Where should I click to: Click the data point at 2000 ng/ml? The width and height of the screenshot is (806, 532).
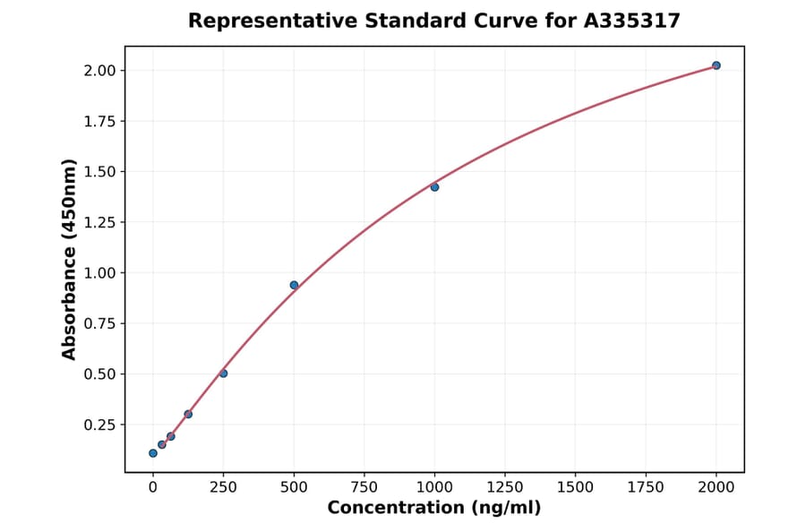pyautogui.click(x=716, y=65)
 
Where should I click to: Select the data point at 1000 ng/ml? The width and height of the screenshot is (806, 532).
pyautogui.click(x=434, y=187)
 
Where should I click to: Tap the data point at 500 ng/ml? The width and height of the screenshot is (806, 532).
pyautogui.click(x=294, y=285)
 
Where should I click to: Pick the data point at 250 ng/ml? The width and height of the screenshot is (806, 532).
pyautogui.click(x=223, y=373)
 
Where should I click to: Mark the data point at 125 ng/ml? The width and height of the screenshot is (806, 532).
pyautogui.click(x=188, y=414)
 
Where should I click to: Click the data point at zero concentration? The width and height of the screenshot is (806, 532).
pyautogui.click(x=153, y=453)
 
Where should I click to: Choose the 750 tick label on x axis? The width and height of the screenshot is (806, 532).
pyautogui.click(x=364, y=487)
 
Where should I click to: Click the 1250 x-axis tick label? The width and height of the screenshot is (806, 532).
pyautogui.click(x=505, y=487)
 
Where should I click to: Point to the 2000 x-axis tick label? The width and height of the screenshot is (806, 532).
pyautogui.click(x=716, y=487)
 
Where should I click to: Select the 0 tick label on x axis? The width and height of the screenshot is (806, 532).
pyautogui.click(x=153, y=487)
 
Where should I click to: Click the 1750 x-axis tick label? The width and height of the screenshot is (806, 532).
pyautogui.click(x=646, y=487)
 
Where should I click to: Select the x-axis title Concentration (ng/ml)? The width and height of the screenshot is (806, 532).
pyautogui.click(x=434, y=509)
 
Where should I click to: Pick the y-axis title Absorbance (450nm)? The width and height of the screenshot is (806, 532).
pyautogui.click(x=70, y=260)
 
